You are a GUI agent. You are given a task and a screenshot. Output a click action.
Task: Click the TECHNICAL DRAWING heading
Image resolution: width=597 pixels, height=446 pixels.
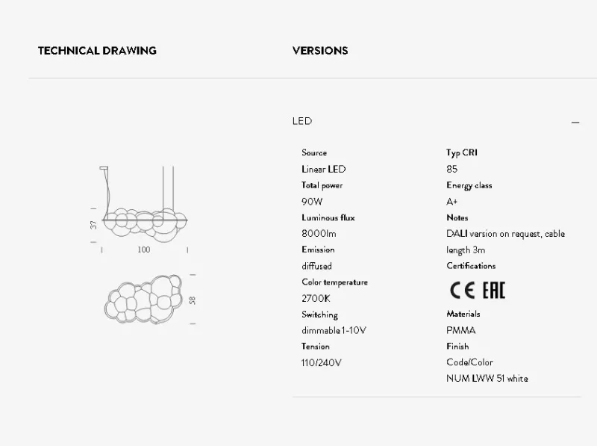97,51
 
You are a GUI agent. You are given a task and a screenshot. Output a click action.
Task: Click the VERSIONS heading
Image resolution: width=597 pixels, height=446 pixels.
320,51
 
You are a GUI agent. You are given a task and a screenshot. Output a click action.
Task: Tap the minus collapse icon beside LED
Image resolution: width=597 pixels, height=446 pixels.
575,123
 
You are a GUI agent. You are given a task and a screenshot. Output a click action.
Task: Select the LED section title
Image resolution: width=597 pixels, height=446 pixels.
302,121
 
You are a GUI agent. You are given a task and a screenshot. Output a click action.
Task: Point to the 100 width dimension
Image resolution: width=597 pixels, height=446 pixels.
144,250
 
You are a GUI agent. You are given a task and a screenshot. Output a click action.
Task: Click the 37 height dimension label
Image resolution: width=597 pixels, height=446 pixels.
94,225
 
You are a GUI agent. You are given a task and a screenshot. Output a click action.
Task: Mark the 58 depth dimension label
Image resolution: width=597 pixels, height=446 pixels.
193,300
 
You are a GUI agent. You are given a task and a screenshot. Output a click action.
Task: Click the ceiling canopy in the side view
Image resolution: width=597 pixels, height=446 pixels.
104,168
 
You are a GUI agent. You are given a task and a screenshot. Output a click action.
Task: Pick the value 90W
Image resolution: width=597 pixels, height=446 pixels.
312,202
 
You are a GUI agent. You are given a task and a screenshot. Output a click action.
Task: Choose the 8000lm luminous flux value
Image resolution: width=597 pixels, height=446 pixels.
319,234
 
